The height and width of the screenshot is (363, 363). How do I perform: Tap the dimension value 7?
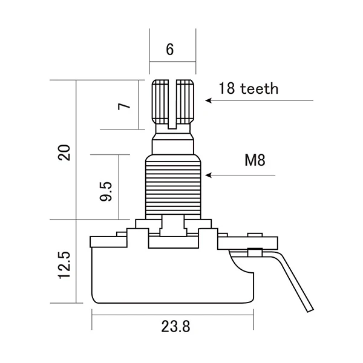123,107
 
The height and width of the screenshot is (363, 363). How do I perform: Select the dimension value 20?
66,152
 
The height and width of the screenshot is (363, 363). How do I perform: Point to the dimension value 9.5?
107,190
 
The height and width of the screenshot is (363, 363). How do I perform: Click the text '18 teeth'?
249,89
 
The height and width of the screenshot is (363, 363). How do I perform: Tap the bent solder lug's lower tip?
310,307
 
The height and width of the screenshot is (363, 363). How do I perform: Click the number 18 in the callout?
227,89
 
